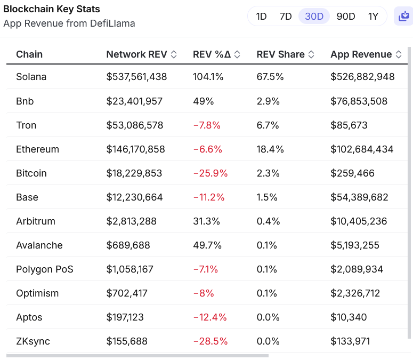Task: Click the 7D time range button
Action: coord(286,16)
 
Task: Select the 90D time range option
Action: coord(346,16)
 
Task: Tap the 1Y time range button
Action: coord(373,16)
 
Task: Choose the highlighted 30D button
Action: coord(314,16)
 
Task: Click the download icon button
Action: coord(403,16)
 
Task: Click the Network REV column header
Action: coord(136,54)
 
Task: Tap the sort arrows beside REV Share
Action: coord(311,54)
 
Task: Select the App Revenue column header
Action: coord(361,54)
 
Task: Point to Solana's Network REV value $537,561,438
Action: coord(136,77)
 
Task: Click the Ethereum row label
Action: coord(37,149)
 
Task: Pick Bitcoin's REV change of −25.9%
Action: coord(210,173)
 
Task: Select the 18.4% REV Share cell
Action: coord(270,149)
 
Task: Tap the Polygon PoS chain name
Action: coord(45,269)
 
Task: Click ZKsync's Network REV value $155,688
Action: coord(127,341)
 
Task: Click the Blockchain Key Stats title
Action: coord(52,9)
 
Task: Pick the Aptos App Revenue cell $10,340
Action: coord(349,317)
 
